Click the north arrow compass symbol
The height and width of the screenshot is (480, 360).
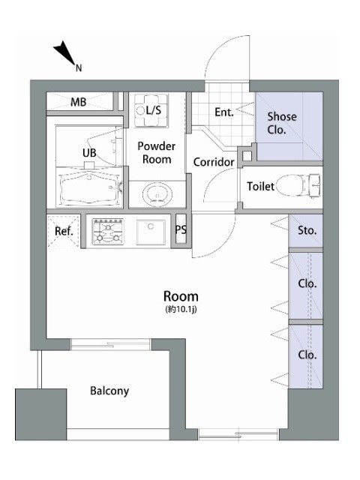click(x=65, y=53)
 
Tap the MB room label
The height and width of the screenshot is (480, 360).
click(x=78, y=102)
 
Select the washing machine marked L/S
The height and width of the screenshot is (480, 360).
click(x=151, y=110)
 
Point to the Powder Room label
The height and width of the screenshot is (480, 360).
click(x=157, y=153)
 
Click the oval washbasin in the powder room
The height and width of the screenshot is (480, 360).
click(x=157, y=194)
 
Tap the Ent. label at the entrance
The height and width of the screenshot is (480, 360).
click(x=224, y=112)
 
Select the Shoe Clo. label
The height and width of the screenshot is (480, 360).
click(x=282, y=123)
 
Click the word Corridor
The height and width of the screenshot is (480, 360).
click(x=214, y=162)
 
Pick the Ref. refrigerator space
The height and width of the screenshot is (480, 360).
click(x=64, y=231)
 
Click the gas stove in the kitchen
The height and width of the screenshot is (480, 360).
click(x=108, y=232)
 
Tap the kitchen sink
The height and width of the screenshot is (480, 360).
click(x=151, y=232)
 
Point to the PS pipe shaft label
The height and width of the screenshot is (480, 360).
click(x=181, y=229)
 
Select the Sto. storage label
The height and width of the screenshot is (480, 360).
click(x=307, y=230)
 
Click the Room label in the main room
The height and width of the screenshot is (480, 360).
click(x=181, y=296)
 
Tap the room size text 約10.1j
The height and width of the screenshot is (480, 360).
click(x=181, y=310)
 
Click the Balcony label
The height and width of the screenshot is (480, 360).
click(x=109, y=391)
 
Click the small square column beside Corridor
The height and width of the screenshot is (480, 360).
click(x=247, y=156)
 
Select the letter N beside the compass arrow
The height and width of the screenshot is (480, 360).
click(x=79, y=68)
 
